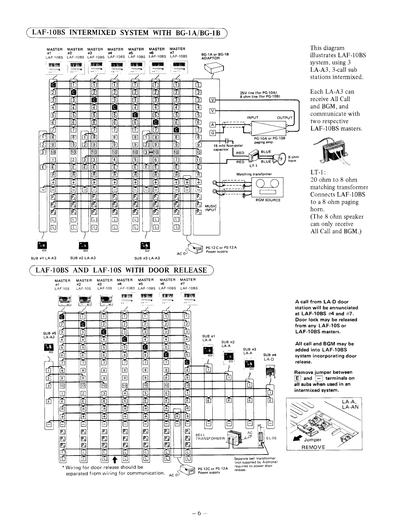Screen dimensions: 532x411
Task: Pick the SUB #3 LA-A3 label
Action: click(147, 258)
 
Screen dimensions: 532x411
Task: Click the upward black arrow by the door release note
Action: click(114, 459)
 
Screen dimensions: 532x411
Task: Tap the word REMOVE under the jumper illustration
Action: click(313, 447)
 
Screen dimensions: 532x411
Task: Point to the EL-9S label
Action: click(271, 438)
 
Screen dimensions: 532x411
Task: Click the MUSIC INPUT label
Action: click(211, 208)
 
